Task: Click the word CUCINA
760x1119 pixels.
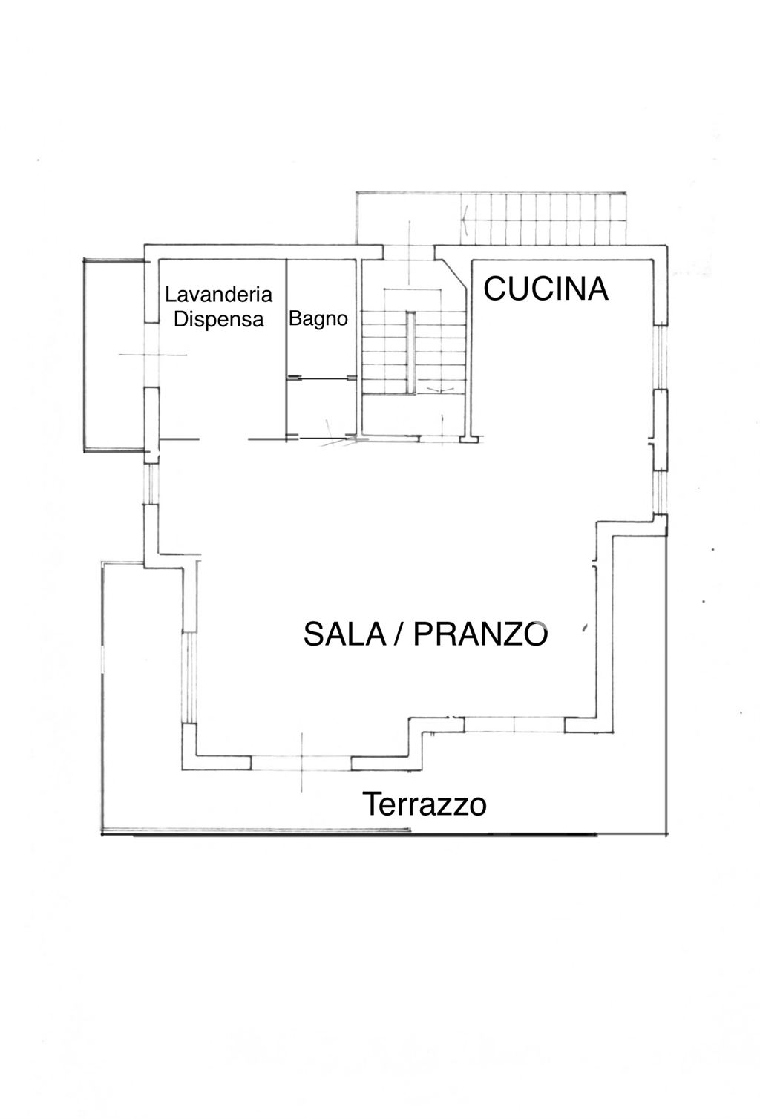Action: click(x=546, y=289)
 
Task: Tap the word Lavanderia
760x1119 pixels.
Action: click(x=218, y=295)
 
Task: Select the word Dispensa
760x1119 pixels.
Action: click(x=218, y=319)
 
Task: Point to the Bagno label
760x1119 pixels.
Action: click(x=318, y=319)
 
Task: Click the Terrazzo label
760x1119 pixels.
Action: click(x=424, y=804)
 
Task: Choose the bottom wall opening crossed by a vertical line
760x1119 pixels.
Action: click(x=301, y=762)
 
